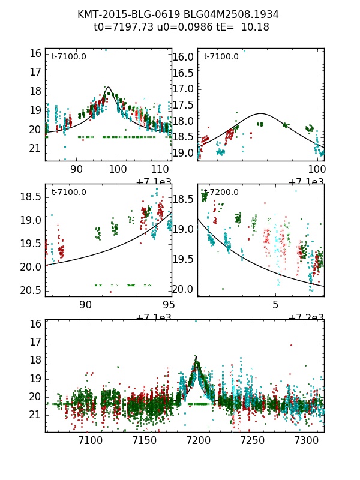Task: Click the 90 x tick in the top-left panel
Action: coord(77,169)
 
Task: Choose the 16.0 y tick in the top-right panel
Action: coord(184,57)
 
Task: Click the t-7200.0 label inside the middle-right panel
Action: coord(221,192)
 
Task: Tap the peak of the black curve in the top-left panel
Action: coord(109,87)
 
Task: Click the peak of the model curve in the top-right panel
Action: coord(261,113)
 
